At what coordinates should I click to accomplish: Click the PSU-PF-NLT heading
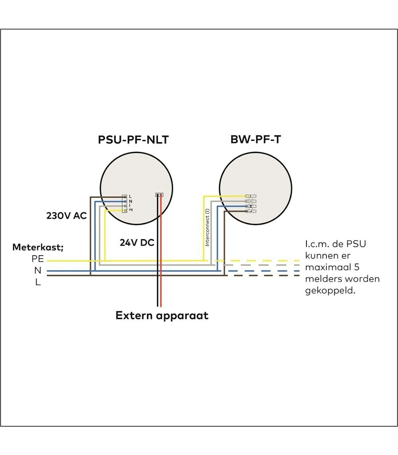pyautogui.click(x=133, y=140)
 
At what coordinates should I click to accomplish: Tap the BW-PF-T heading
pyautogui.click(x=255, y=140)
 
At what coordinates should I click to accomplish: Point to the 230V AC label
pyautogui.click(x=67, y=216)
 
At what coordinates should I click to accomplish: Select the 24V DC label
pyautogui.click(x=137, y=243)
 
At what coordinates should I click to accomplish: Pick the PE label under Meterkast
pyautogui.click(x=38, y=259)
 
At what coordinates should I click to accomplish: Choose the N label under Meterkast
pyautogui.click(x=38, y=270)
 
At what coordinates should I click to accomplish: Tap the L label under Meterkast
pyautogui.click(x=38, y=282)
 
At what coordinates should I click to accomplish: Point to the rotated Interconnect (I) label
pyautogui.click(x=207, y=227)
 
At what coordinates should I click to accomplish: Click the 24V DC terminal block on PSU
pyautogui.click(x=159, y=195)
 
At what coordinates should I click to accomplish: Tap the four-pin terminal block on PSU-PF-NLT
pyautogui.click(x=124, y=203)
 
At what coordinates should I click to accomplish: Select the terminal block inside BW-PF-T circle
pyautogui.click(x=250, y=203)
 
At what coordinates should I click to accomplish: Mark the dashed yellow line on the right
pyautogui.click(x=264, y=260)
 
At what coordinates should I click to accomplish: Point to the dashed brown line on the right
pyautogui.click(x=264, y=275)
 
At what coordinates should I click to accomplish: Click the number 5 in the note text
pyautogui.click(x=357, y=267)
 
